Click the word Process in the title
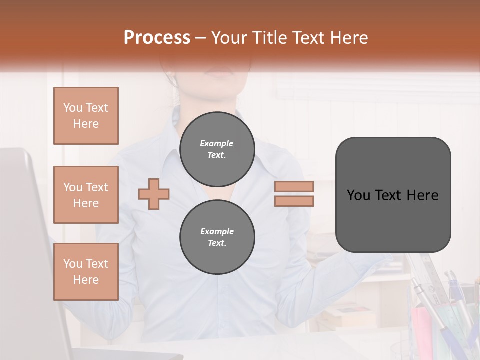(x=157, y=37)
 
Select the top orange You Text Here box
(x=86, y=116)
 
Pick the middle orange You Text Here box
(x=86, y=195)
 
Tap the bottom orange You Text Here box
(x=86, y=272)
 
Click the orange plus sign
(x=154, y=194)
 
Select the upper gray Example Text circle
(x=217, y=149)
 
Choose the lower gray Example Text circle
(x=217, y=237)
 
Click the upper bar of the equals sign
(x=294, y=187)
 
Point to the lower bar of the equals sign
(x=294, y=201)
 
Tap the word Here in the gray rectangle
(x=422, y=195)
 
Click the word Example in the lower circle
(x=217, y=231)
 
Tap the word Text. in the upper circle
(x=217, y=155)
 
